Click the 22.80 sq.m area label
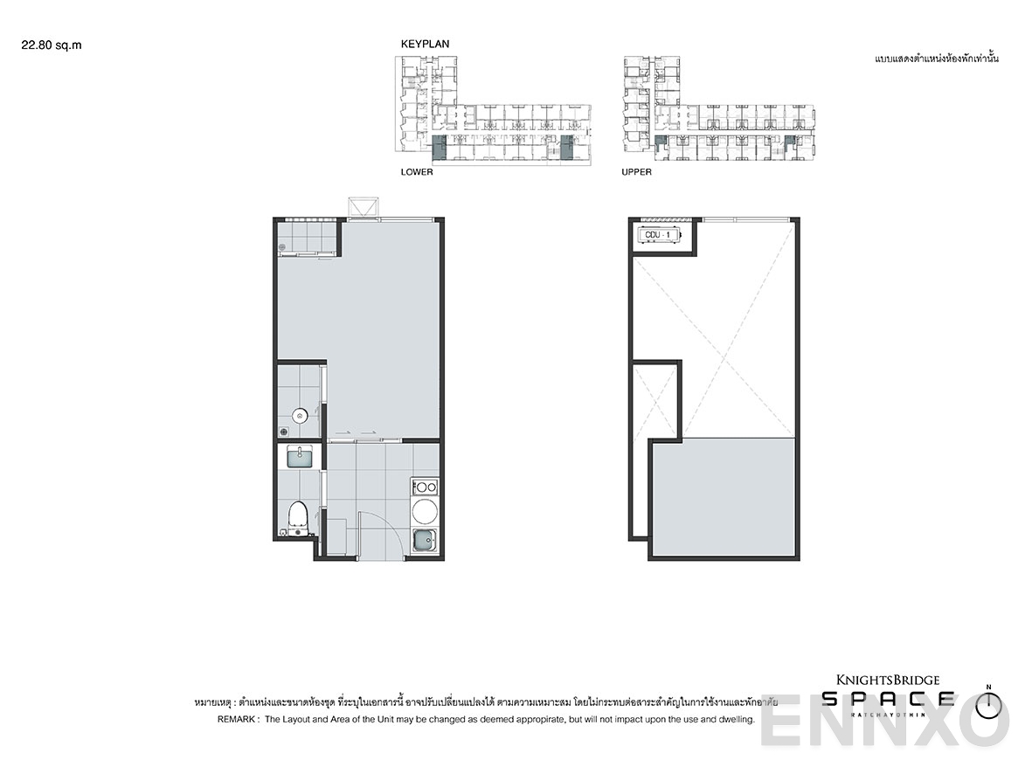(52, 45)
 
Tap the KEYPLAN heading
(425, 44)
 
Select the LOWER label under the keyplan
(417, 172)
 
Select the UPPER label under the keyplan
(636, 172)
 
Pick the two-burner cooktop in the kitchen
(426, 487)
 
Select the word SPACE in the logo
(888, 699)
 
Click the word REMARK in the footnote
(236, 720)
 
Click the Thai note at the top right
(936, 59)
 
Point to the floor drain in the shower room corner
(284, 431)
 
